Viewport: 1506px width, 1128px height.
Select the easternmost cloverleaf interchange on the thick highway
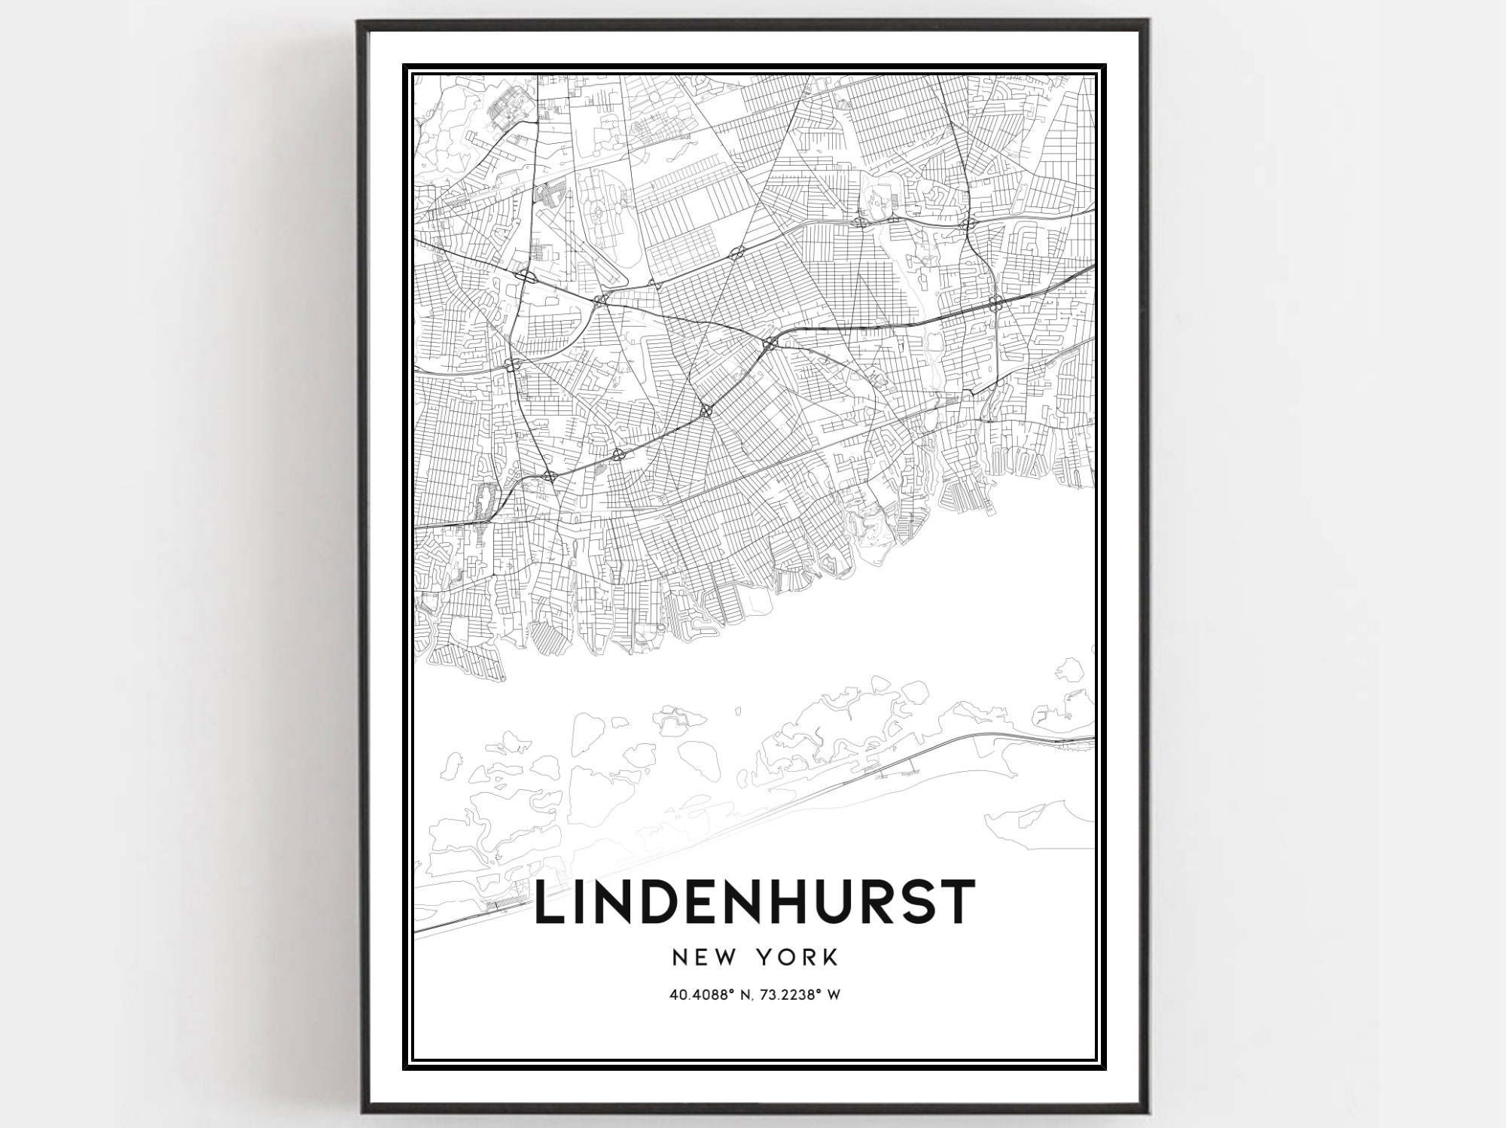995,303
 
